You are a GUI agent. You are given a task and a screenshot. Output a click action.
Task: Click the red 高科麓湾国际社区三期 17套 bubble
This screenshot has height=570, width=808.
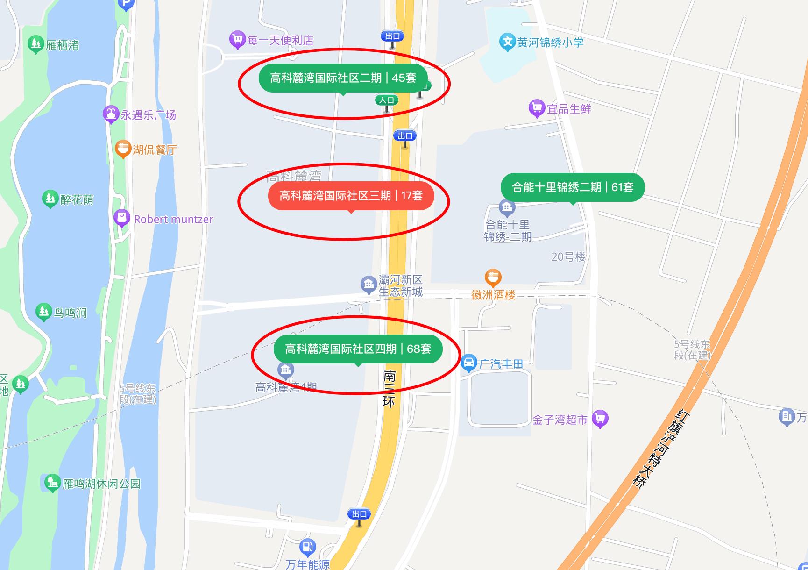351,195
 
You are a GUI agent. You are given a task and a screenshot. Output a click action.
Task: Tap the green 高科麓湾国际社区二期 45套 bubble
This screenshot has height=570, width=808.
343,78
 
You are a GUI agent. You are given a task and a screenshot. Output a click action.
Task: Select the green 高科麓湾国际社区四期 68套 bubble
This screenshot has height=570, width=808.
358,349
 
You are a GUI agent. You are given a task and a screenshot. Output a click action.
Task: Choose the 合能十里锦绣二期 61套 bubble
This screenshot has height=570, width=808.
572,187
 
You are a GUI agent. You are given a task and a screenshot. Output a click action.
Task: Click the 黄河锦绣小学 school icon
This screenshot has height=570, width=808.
507,42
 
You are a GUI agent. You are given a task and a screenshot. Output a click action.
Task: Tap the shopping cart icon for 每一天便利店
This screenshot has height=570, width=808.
237,39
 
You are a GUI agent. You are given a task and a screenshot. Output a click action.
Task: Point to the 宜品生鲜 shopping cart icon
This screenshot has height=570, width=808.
537,108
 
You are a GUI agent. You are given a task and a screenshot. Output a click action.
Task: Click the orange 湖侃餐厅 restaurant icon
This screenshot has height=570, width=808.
123,149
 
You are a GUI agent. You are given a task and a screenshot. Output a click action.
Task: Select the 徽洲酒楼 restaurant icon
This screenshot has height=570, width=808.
493,278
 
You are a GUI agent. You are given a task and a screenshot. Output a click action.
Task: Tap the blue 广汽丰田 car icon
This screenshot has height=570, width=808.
468,363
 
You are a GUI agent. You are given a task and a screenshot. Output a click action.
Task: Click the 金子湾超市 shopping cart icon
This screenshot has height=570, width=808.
600,419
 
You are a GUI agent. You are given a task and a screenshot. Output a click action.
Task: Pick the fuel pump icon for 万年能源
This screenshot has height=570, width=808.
307,547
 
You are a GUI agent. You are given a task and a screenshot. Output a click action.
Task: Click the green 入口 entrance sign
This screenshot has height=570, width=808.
386,100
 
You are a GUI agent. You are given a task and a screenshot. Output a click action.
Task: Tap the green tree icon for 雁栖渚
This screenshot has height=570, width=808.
35,44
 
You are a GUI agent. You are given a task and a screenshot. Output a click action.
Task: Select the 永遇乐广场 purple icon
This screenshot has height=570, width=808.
111,114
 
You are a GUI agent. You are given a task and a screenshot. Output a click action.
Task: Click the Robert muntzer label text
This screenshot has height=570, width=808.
173,219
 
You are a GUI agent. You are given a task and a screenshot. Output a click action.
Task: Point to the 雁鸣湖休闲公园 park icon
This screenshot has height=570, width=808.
52,483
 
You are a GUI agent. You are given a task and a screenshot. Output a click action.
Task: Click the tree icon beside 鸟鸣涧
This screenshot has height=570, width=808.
43,312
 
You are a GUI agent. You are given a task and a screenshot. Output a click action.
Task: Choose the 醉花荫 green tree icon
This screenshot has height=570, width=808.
50,199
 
